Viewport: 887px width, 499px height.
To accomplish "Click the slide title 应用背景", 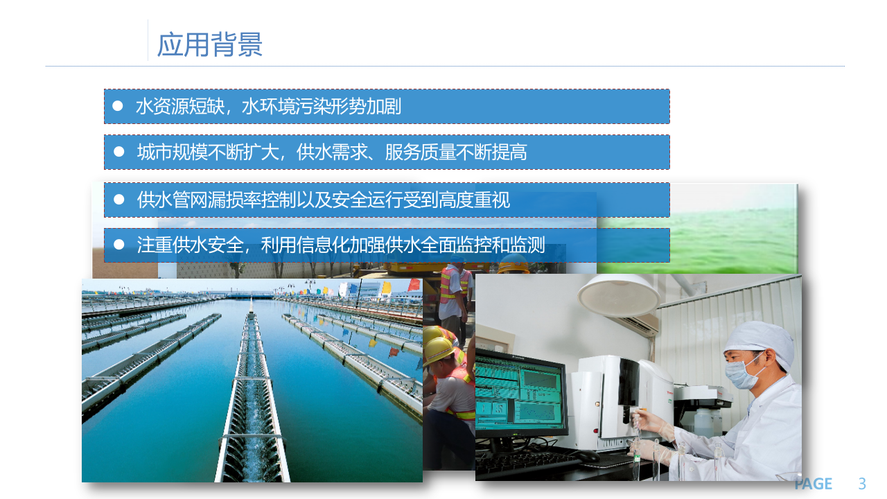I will (210, 44).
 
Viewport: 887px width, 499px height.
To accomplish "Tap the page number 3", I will (862, 484).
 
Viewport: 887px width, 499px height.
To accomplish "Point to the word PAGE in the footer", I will (813, 484).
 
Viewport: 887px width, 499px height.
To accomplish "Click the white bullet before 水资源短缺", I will (118, 106).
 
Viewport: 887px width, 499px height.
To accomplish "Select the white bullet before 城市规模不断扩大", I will (118, 152).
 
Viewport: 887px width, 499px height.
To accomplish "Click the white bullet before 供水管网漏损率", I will (118, 200).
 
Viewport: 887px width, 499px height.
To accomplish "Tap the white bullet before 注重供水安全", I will (118, 245).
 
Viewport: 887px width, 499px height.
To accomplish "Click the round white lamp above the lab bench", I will (618, 293).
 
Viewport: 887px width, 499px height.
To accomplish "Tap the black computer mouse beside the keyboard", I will (587, 455).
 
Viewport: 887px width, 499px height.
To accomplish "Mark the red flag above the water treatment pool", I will (414, 284).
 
